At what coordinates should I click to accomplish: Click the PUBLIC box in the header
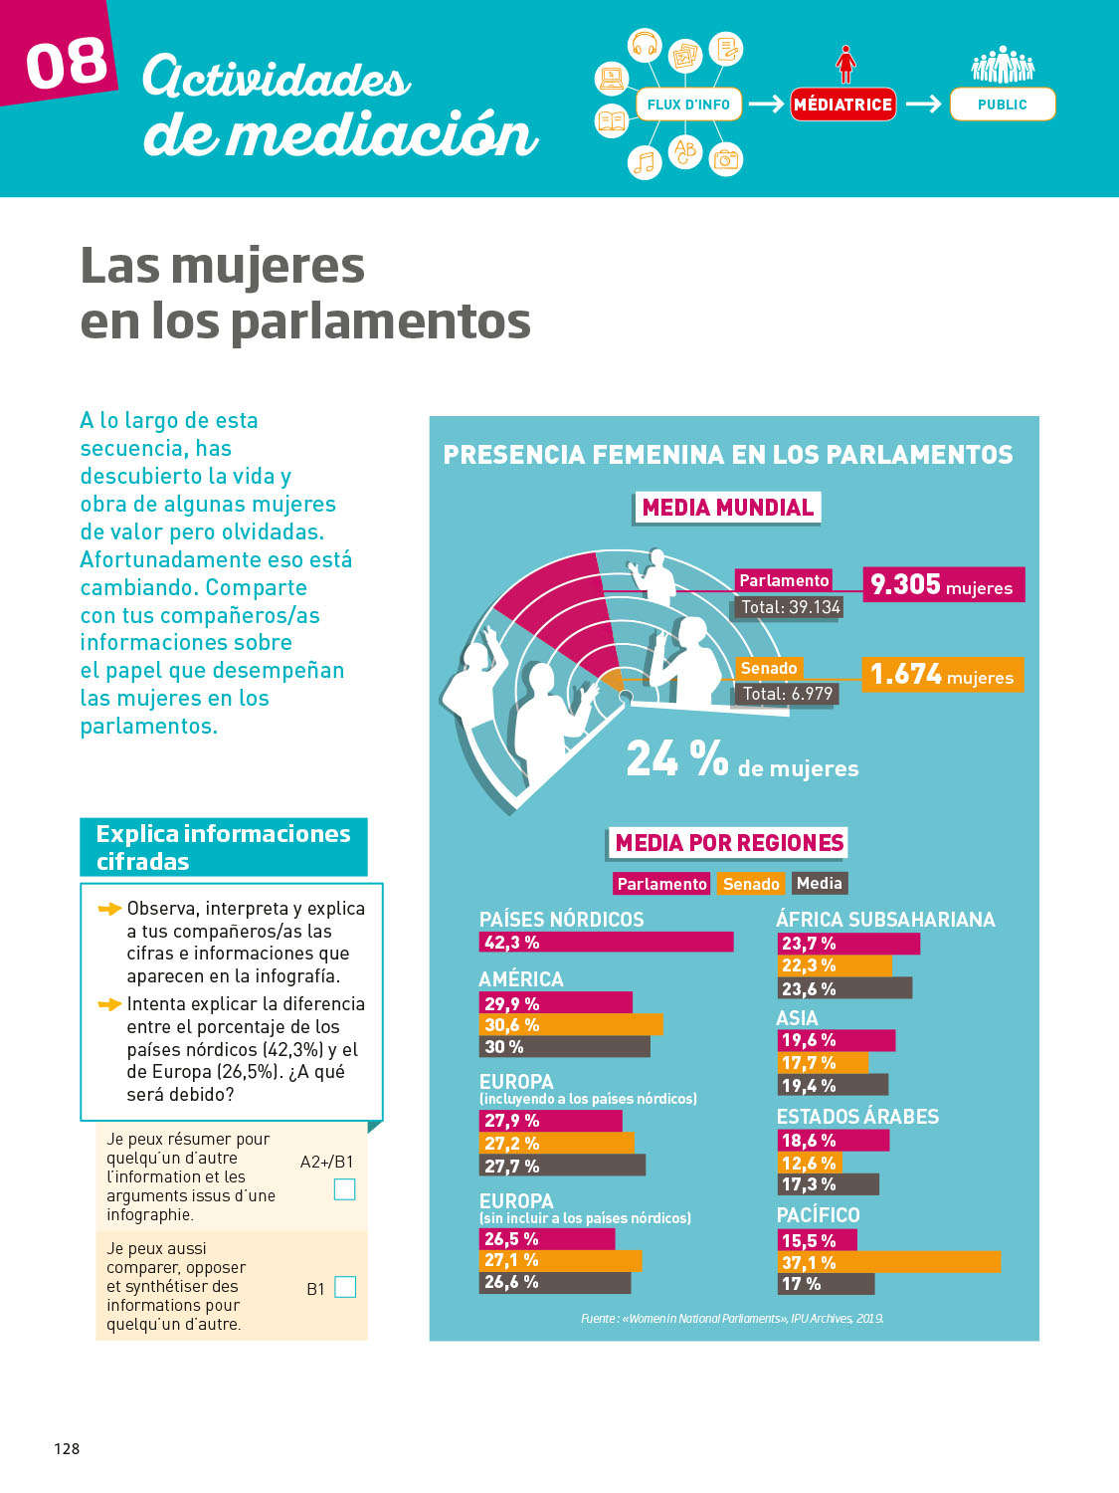(x=1002, y=105)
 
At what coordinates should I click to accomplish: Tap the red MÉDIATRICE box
(x=842, y=105)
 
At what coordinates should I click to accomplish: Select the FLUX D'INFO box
(x=688, y=105)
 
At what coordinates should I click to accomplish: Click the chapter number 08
(x=66, y=63)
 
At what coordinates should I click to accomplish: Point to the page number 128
(x=67, y=1448)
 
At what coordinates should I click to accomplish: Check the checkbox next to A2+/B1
(x=344, y=1188)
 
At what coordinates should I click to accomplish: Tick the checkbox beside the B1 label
(x=345, y=1287)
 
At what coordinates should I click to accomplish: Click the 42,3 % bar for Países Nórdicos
(x=606, y=942)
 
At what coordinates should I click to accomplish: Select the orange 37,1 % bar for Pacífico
(x=888, y=1262)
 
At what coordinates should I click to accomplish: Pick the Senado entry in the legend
(x=751, y=884)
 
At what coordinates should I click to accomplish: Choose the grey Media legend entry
(x=820, y=883)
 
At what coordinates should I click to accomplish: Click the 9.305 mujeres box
(x=942, y=584)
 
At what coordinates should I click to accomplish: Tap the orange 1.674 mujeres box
(x=941, y=675)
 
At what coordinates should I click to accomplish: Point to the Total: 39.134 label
(x=791, y=607)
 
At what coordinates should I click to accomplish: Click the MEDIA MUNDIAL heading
(x=727, y=508)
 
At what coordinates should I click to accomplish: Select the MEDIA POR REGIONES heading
(x=728, y=843)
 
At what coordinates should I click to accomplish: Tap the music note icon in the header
(x=646, y=161)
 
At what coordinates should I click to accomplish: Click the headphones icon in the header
(x=646, y=45)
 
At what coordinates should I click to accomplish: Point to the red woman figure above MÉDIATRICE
(x=845, y=64)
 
